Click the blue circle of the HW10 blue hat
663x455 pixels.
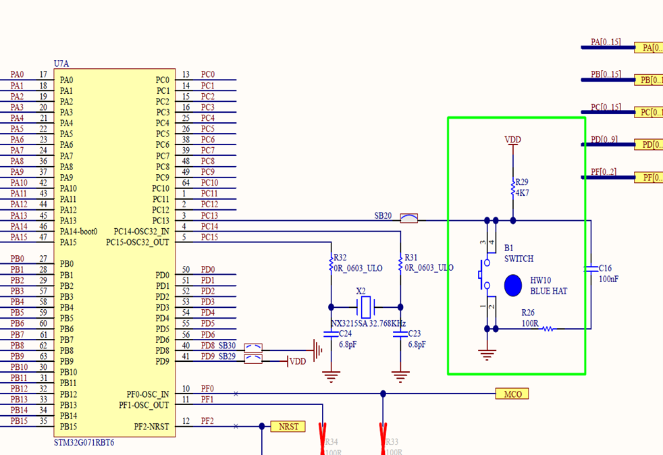pos(513,285)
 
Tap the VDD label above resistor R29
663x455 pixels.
pos(513,140)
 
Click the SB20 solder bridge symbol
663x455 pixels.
pos(409,218)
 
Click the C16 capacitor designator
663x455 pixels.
pos(606,268)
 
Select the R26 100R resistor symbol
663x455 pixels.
pos(548,329)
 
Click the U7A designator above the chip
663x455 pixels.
pos(61,63)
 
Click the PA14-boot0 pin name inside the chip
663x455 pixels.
pos(78,232)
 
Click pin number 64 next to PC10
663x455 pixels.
pos(186,183)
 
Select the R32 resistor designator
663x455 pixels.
pos(340,258)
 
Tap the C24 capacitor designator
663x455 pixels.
pos(344,333)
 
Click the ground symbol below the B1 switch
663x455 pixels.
pos(487,353)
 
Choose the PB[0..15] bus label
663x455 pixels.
pos(605,74)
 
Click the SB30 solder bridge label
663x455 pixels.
pos(227,346)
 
